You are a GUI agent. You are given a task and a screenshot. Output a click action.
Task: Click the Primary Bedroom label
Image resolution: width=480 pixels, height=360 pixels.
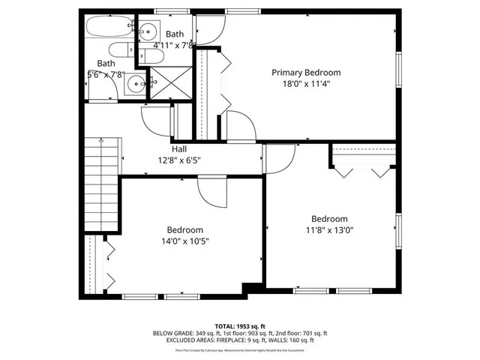[306, 73]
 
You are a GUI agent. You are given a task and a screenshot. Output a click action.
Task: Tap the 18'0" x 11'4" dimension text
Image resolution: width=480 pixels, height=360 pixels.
[306, 84]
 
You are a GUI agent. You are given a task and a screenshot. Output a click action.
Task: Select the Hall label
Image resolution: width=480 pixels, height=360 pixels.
[179, 148]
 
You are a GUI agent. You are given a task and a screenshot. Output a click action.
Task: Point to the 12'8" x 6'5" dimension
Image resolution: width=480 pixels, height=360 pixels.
[179, 160]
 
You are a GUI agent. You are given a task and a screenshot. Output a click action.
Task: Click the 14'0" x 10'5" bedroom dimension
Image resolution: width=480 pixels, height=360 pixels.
[184, 241]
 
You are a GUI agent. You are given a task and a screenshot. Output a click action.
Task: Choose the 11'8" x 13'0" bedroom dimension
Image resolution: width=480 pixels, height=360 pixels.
[329, 230]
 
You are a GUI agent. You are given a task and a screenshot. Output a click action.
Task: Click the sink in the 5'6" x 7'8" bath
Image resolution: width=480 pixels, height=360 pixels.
[135, 85]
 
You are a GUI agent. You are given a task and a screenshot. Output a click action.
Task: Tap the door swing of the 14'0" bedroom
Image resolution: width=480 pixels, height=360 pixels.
[209, 190]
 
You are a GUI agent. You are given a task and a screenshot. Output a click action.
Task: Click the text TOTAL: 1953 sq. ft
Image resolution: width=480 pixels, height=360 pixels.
[240, 326]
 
